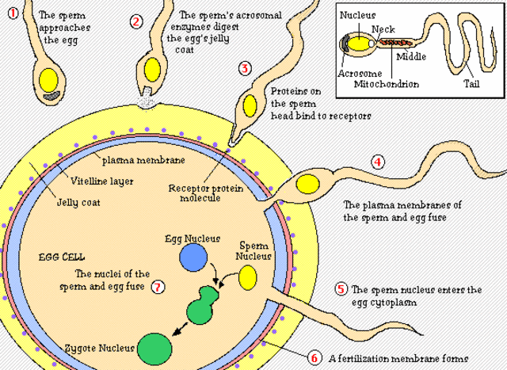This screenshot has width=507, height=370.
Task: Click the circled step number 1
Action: pyautogui.click(x=13, y=14)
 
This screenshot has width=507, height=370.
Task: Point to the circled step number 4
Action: pyautogui.click(x=378, y=162)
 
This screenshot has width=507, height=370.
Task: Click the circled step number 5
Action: pyautogui.click(x=341, y=289)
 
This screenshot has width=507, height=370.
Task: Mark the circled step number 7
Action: pyautogui.click(x=158, y=287)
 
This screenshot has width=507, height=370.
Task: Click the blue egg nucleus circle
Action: pyautogui.click(x=193, y=258)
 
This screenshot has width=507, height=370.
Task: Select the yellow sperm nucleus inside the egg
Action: pyautogui.click(x=249, y=277)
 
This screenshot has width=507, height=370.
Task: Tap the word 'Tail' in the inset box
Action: pyautogui.click(x=472, y=82)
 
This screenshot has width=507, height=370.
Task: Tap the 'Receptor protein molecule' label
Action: pyautogui.click(x=200, y=193)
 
